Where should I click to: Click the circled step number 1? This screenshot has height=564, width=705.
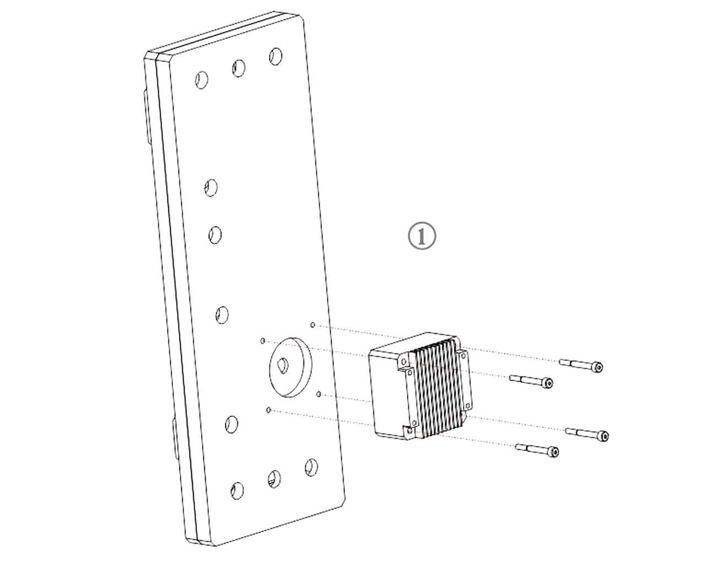[422, 236]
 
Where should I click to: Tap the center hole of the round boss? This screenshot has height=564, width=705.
[283, 365]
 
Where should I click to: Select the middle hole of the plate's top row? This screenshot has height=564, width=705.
[239, 68]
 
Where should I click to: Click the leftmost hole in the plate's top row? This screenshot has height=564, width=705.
[202, 80]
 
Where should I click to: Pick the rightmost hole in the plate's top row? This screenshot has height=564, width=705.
[276, 56]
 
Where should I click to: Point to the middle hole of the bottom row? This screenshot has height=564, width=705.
[274, 479]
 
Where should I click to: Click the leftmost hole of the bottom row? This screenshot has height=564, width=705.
[237, 491]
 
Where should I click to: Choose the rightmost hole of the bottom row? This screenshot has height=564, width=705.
[311, 467]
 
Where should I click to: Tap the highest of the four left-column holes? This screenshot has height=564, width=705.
[211, 187]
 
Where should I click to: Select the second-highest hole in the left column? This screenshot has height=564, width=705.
[215, 235]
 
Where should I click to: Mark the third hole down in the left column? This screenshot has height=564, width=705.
[222, 315]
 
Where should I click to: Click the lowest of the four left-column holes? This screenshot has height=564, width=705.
[232, 425]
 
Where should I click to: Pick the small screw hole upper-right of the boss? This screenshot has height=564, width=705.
[313, 325]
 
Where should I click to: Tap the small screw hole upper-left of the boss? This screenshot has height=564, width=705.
[262, 341]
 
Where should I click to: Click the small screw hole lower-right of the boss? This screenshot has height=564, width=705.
[319, 394]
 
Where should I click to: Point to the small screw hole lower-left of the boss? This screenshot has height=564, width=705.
[269, 410]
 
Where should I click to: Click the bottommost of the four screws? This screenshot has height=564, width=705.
[537, 451]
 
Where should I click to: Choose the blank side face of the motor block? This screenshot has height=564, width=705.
[388, 393]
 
